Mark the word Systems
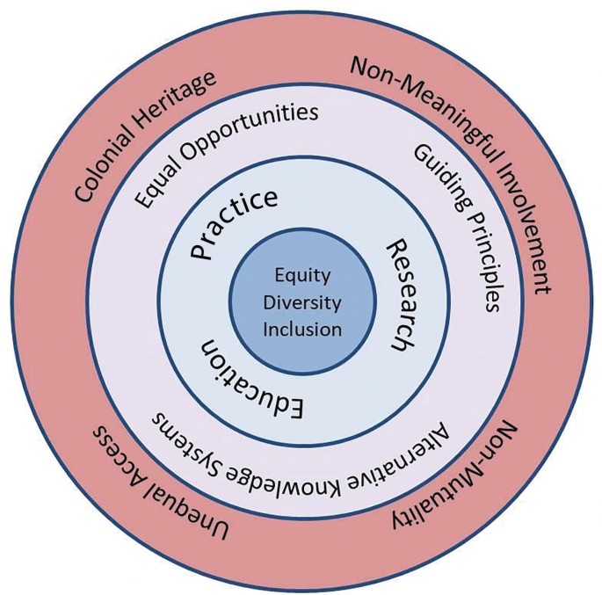pos(192,438)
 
